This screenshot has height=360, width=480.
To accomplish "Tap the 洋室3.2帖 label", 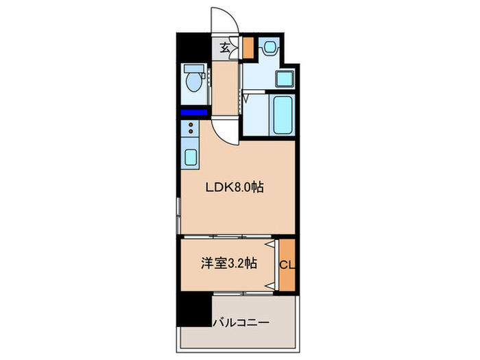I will point(229,263).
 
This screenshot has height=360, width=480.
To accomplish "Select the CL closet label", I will point(287,263).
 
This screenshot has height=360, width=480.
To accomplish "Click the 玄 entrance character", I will point(226,47).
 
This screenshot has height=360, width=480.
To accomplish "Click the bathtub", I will point(283,116).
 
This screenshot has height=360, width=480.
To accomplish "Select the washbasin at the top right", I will point(270,49).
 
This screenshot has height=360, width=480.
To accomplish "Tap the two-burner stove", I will point(189,128).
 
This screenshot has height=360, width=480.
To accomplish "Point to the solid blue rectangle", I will point(193,113).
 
